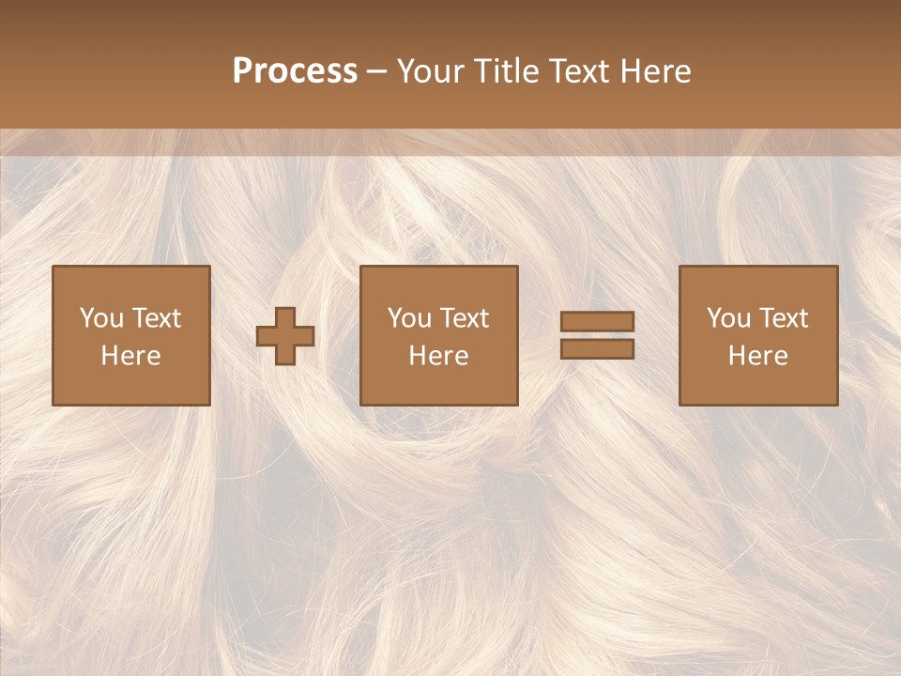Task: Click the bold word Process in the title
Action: (295, 71)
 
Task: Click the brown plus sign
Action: (285, 336)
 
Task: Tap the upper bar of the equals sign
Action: (597, 322)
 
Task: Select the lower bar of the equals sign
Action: (597, 349)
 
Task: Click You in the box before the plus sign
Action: (101, 318)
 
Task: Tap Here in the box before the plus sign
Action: (130, 356)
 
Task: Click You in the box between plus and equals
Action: (409, 318)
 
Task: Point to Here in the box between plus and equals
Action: (438, 356)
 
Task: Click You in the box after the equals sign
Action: (728, 318)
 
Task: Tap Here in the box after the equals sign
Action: (757, 356)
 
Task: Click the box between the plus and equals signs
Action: (438, 385)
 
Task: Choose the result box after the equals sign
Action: (757, 385)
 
